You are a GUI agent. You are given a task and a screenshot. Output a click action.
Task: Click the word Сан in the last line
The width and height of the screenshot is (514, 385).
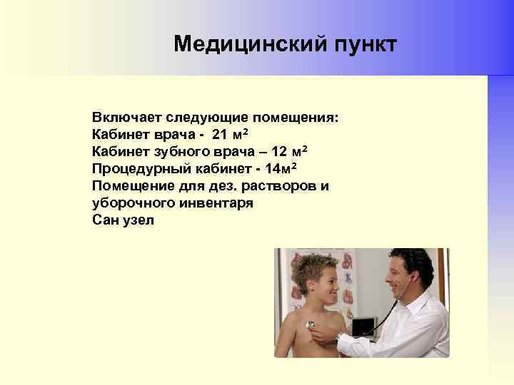105,220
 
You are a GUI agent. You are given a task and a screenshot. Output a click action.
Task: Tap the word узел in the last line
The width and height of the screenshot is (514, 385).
138,220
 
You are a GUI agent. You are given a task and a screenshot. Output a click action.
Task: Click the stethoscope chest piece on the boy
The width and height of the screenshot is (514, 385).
311,325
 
